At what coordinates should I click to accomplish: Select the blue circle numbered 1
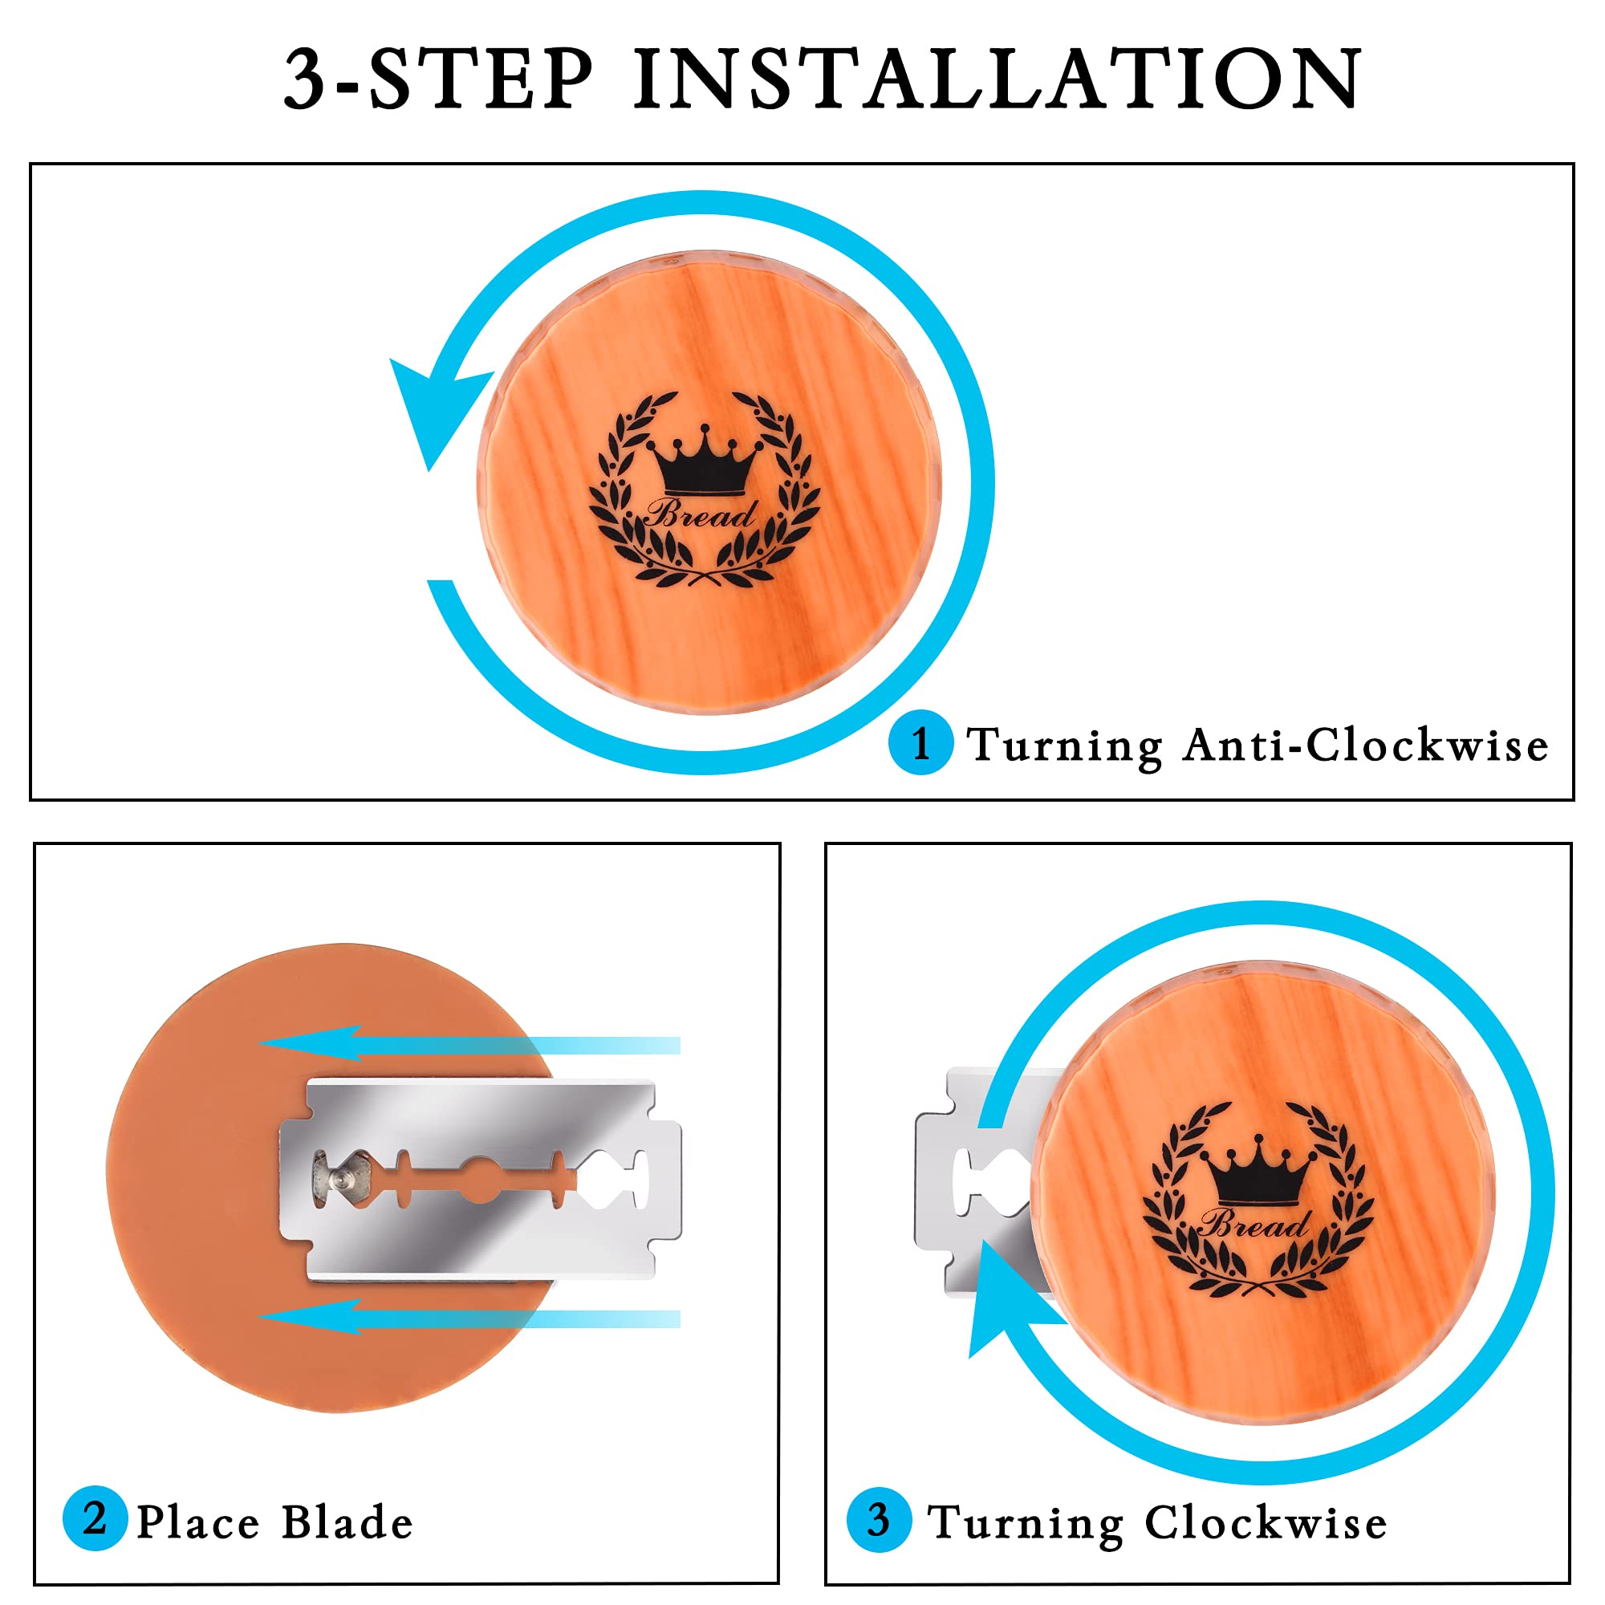920,742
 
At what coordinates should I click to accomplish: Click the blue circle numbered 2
95,1518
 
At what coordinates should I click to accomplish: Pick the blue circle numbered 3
879,1519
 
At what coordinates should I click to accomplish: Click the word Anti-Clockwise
1366,744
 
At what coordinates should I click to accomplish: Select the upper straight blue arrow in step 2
470,1044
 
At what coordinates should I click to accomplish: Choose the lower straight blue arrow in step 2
470,1319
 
